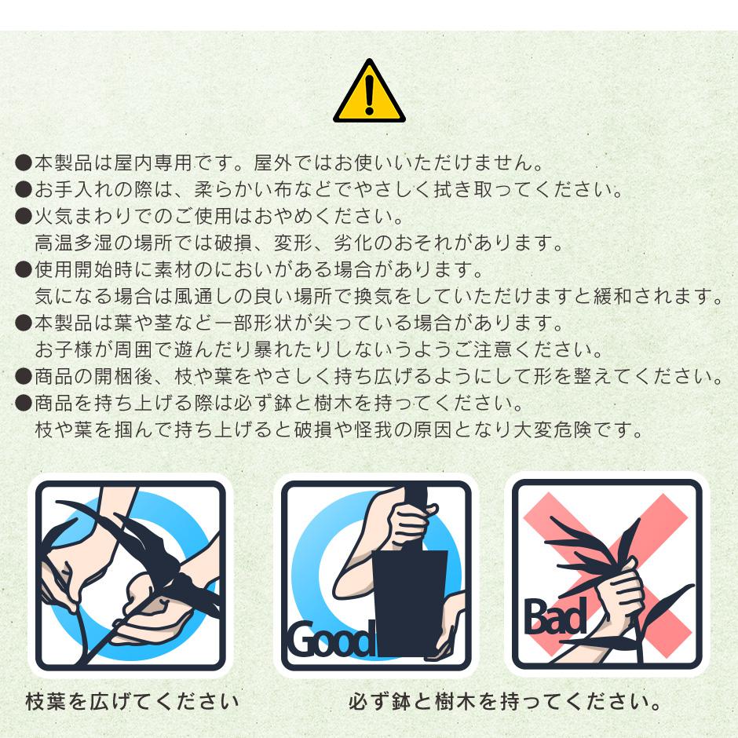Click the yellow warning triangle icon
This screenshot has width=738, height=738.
[369, 92]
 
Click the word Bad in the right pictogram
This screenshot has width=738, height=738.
[555, 616]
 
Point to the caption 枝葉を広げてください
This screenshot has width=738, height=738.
[132, 701]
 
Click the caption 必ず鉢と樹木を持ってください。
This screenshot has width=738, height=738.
[505, 701]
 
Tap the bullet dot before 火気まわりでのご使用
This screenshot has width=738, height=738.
[23, 216]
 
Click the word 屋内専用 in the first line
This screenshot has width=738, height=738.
[152, 163]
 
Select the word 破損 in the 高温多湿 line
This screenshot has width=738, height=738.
[234, 243]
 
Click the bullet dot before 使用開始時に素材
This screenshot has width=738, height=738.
[23, 270]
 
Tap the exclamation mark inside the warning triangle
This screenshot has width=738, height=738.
[370, 94]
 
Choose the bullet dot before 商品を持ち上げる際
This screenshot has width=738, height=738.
[23, 403]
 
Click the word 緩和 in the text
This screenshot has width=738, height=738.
[613, 296]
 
